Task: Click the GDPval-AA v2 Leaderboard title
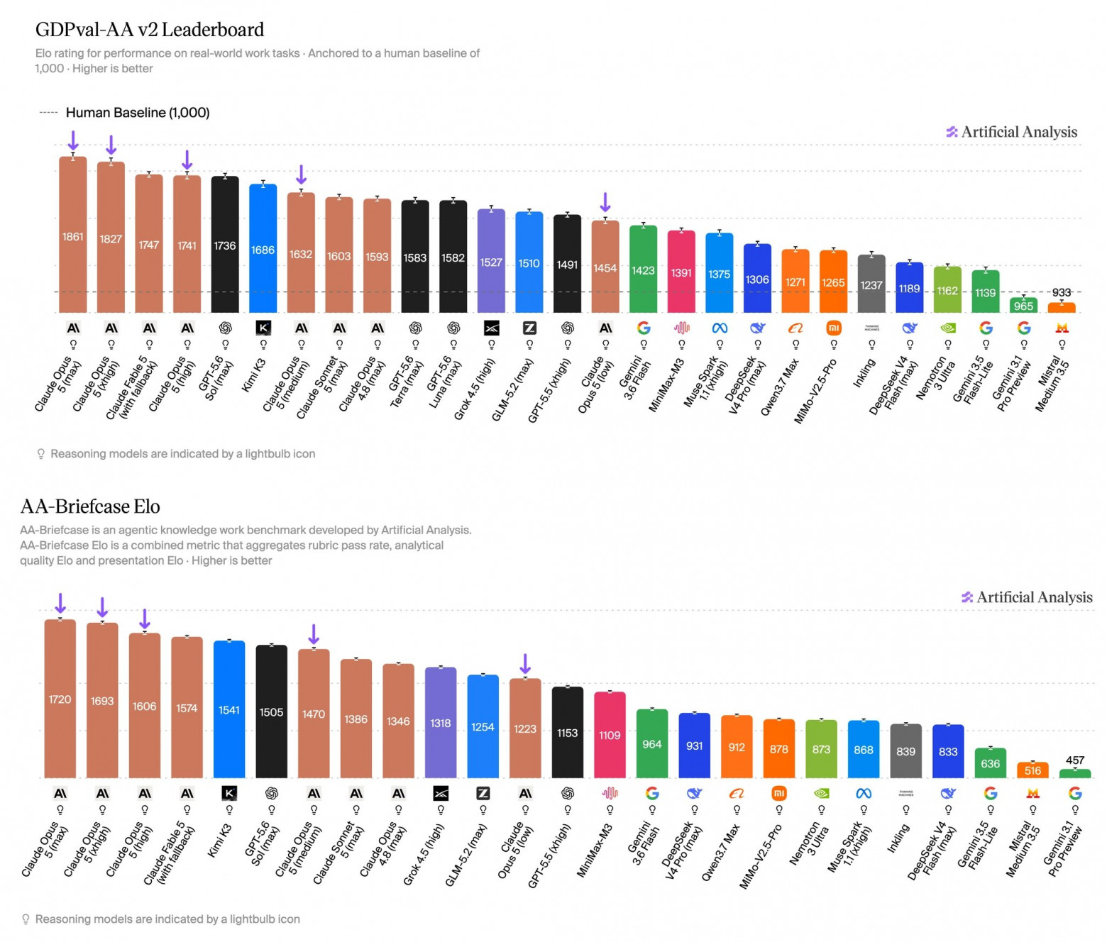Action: pyautogui.click(x=150, y=30)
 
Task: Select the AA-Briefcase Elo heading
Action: pyautogui.click(x=90, y=506)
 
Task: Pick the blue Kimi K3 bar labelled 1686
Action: pyautogui.click(x=263, y=248)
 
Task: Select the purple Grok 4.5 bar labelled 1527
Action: pyautogui.click(x=491, y=260)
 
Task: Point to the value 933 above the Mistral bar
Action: pyautogui.click(x=1061, y=292)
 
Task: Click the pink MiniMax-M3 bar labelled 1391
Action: pyautogui.click(x=681, y=272)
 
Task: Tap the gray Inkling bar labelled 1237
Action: pyautogui.click(x=871, y=284)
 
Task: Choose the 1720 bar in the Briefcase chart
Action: pyautogui.click(x=60, y=699)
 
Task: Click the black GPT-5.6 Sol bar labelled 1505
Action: pyautogui.click(x=272, y=711)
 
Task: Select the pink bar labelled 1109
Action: pyautogui.click(x=610, y=734)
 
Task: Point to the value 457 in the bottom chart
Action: pyautogui.click(x=1075, y=760)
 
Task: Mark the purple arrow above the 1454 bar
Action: pyautogui.click(x=605, y=202)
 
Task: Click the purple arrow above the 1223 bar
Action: pyautogui.click(x=525, y=664)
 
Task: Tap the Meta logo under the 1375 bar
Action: pyautogui.click(x=720, y=328)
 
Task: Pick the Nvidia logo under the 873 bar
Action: pyautogui.click(x=821, y=793)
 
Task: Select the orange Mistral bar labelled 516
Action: pyautogui.click(x=1032, y=770)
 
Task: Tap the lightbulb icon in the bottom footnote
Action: pyautogui.click(x=25, y=919)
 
